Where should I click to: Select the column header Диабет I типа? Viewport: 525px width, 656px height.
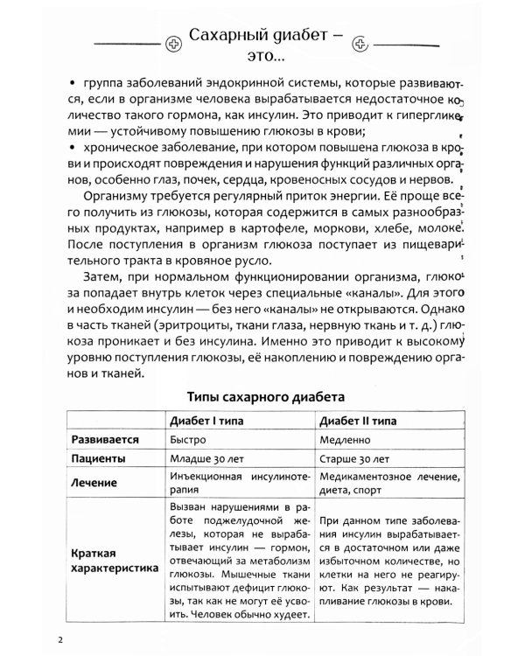pyautogui.click(x=206, y=421)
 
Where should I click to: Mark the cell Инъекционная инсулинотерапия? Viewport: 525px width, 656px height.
pyautogui.click(x=237, y=480)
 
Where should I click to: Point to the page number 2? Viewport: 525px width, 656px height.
pyautogui.click(x=60, y=638)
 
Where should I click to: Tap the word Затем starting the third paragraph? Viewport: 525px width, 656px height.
pyautogui.click(x=100, y=277)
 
